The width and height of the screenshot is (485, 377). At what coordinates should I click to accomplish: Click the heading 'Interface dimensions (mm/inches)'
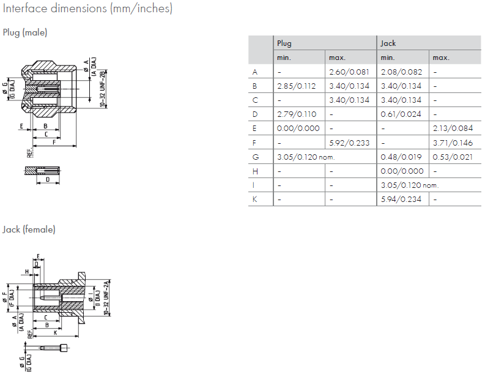(87, 9)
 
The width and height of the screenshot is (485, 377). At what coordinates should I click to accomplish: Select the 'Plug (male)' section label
(25, 32)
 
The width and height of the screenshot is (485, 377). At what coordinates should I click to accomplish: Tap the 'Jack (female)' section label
(29, 230)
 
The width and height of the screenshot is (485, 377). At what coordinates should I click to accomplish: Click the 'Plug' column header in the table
(284, 43)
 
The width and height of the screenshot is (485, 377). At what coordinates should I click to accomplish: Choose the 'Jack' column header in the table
(388, 43)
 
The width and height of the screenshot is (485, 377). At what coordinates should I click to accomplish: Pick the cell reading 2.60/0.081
(349, 72)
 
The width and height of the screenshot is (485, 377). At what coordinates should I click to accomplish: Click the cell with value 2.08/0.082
(401, 72)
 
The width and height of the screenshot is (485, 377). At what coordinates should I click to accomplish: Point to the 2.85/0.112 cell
(297, 86)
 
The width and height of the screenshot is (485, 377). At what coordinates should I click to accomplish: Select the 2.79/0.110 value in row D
(297, 114)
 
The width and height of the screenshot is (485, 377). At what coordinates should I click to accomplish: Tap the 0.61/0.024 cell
(401, 114)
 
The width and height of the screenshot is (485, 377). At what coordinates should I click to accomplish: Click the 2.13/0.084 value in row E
(453, 129)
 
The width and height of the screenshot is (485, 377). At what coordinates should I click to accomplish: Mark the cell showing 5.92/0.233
(349, 143)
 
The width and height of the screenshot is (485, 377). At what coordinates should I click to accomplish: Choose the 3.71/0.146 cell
(453, 143)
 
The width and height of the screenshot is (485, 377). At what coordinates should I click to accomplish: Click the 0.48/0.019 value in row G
(401, 157)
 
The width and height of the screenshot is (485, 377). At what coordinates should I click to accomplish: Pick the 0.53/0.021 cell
(453, 157)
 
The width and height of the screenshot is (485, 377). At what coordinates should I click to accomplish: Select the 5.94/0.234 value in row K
(401, 199)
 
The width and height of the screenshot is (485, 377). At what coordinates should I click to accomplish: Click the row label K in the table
(255, 199)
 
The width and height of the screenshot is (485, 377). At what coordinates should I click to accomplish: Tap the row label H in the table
(255, 171)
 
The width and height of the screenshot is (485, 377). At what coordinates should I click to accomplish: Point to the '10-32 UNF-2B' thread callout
(102, 90)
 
